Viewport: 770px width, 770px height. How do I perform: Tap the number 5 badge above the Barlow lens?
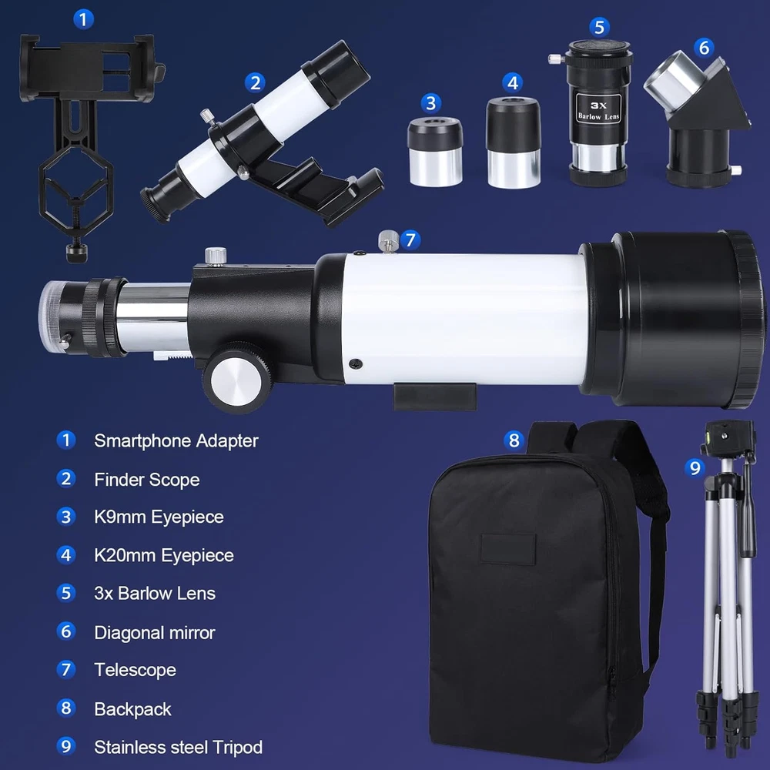(599, 27)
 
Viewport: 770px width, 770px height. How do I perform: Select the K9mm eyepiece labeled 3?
(435, 152)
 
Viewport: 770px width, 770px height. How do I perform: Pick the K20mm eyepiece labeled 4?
(513, 142)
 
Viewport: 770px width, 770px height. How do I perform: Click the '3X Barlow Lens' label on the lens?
(598, 110)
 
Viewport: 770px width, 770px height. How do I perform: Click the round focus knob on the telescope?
(236, 377)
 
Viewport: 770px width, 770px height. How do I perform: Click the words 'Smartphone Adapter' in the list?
(176, 441)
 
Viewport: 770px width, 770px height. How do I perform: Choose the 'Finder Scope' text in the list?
(147, 479)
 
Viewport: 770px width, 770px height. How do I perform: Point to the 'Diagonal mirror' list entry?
(155, 632)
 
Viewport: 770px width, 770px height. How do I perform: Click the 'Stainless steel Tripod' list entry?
(179, 748)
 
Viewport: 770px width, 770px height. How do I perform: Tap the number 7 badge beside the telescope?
(410, 239)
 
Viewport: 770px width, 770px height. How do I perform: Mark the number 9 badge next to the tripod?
(695, 467)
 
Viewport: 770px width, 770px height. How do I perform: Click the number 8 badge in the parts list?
(65, 708)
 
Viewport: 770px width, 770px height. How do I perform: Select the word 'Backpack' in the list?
(132, 709)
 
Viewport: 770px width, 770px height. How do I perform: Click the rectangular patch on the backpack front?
(507, 548)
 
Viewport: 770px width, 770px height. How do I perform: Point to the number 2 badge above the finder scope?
(255, 82)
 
